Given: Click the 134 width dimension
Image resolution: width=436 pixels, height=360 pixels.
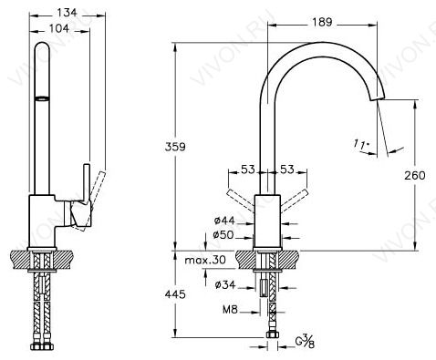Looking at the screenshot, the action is point(67,13).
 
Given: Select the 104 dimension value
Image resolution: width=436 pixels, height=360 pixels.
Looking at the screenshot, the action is point(59,28).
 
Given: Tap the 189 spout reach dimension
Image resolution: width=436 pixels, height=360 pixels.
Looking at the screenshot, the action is point(323,22).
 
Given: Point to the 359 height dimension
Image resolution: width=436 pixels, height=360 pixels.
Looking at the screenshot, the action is point(175,147).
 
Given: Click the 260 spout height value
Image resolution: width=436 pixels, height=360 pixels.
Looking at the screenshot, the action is point(415,176).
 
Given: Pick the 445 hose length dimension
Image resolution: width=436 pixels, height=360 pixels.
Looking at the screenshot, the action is point(175,294).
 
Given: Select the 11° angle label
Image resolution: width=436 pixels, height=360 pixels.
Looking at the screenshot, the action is point(361,144).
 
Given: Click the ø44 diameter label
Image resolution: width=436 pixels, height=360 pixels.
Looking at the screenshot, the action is point(224,221).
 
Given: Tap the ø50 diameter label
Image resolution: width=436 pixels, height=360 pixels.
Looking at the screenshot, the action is point(223,235).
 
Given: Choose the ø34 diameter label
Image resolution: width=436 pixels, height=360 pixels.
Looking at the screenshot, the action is point(225,285).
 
